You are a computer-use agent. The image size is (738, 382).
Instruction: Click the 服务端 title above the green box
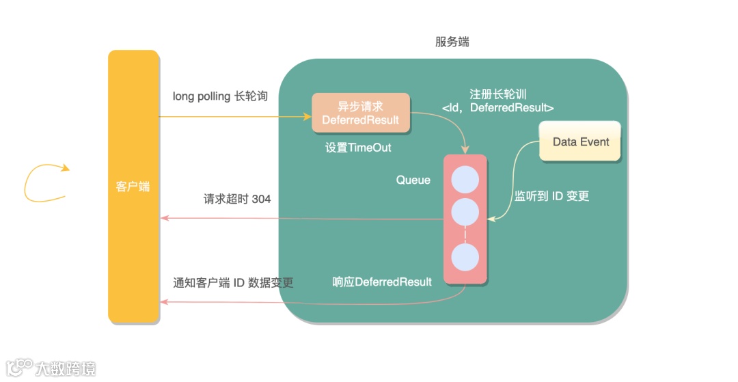coord(452,42)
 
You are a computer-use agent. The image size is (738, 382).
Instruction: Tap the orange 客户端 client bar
coord(133,186)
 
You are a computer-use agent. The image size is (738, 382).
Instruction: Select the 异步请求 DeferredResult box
coord(361,113)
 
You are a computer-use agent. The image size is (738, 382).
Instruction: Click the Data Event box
coord(580,141)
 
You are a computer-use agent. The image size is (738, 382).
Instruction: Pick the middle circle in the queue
coord(465,213)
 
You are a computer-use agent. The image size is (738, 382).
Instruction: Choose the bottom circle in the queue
coord(465,259)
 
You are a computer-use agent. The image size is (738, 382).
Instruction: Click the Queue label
coord(413,180)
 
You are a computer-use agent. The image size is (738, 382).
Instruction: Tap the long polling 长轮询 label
coord(220,96)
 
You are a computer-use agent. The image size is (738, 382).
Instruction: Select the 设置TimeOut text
coord(358,148)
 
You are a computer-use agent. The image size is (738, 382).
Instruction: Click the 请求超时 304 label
coord(237,199)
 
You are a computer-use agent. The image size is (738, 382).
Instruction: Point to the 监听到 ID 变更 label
coord(551,196)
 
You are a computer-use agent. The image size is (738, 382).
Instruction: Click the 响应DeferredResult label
coord(382,282)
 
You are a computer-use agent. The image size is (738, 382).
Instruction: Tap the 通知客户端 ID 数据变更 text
coord(233,282)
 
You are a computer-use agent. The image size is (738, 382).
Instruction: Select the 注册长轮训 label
coord(497,94)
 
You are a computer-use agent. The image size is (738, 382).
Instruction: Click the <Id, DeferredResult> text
coord(497,107)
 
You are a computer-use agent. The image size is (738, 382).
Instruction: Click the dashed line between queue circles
coord(465,236)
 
